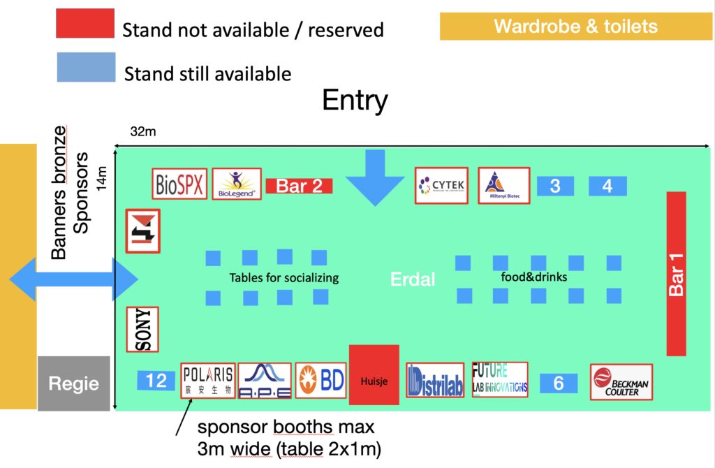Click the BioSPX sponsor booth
(179, 184)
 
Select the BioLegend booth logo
(237, 184)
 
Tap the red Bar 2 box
(299, 186)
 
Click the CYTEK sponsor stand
(441, 185)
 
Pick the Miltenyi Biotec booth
(503, 185)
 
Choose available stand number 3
(555, 187)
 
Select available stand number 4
(607, 187)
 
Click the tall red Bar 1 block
(677, 272)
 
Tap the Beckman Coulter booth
(621, 382)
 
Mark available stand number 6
(559, 383)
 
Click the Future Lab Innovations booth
(499, 380)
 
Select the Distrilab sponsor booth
(435, 381)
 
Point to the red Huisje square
(374, 374)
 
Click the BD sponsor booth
(321, 381)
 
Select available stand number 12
(156, 381)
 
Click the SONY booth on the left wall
(142, 329)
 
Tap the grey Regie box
(73, 383)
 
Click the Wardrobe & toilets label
(575, 27)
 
